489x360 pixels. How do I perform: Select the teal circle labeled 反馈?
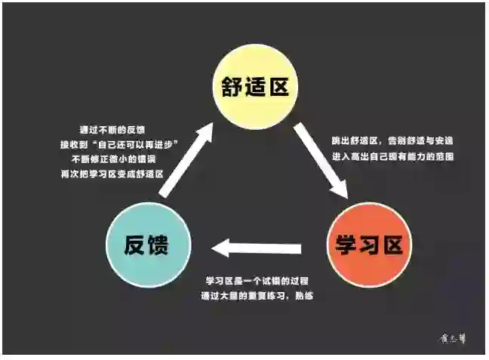coord(148,245)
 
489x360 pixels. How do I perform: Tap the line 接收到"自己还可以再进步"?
coord(112,143)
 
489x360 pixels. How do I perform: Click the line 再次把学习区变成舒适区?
coord(112,174)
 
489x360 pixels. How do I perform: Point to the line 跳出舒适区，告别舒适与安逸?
coord(392,140)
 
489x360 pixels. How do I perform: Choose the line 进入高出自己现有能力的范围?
coord(392,156)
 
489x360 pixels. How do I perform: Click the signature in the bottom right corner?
coord(453,339)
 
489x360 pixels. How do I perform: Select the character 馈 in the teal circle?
coord(162,245)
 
